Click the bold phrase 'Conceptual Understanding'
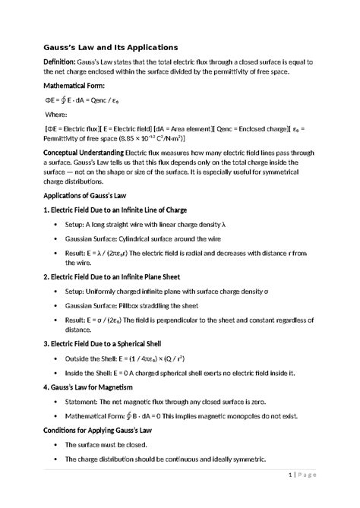(x=82, y=153)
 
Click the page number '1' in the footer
(x=292, y=475)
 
